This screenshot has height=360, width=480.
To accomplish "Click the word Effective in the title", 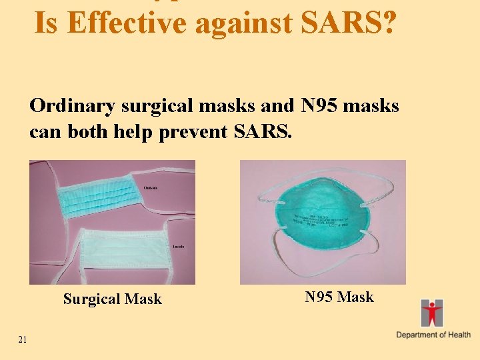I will point(127,23).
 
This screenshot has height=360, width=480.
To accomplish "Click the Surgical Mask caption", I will point(112,299).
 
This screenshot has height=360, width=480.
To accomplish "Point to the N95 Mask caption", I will point(339,297).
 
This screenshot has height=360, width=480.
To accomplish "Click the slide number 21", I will point(23,340).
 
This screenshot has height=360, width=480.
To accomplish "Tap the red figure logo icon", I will point(432,313).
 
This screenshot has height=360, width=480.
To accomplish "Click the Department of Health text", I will point(433,335).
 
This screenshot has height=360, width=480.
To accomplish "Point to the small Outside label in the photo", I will point(151,188).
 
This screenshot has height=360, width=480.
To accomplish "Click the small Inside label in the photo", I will point(178,247).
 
